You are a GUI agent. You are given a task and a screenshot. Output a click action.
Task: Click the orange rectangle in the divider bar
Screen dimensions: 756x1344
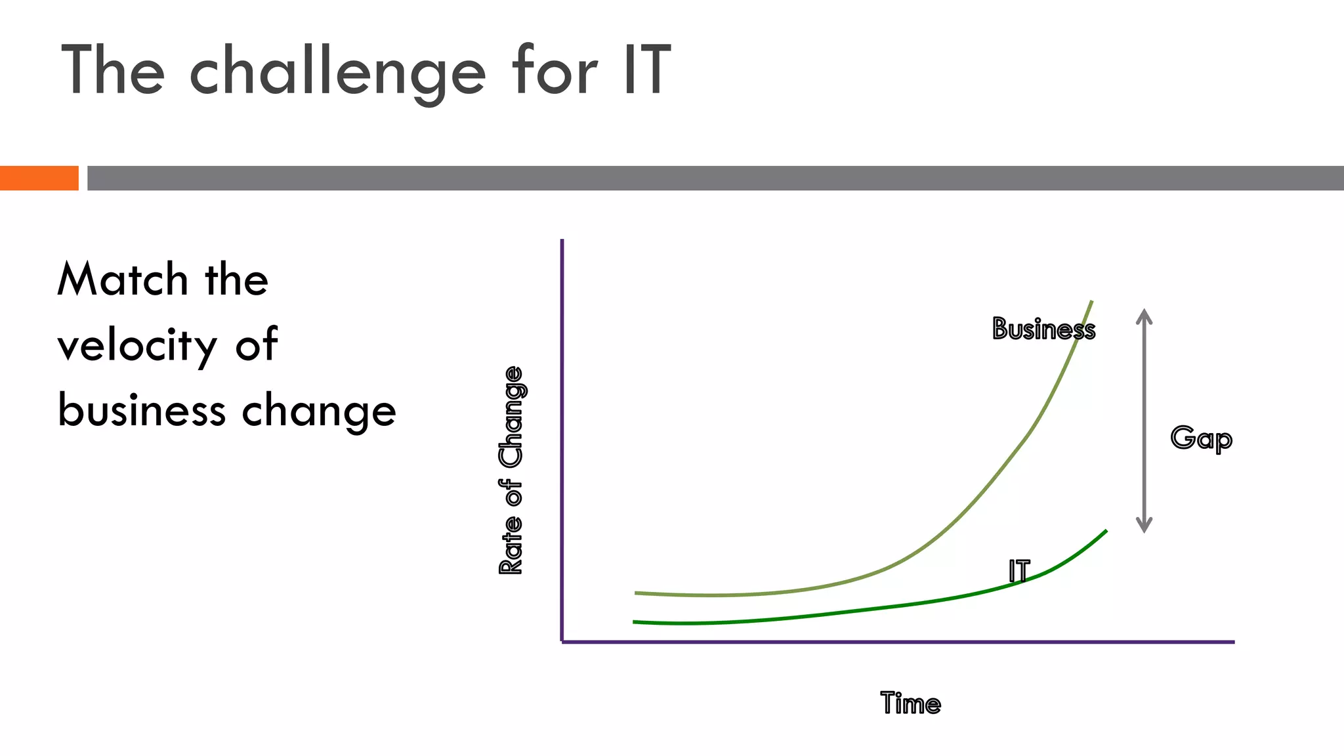point(39,178)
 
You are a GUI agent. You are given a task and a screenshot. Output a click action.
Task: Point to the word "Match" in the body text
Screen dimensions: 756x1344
point(123,279)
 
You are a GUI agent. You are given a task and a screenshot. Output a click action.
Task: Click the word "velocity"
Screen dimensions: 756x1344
point(137,345)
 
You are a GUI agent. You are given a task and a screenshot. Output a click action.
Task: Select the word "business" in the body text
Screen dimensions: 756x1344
point(142,410)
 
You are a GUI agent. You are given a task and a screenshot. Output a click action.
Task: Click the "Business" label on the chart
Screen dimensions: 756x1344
point(1043,329)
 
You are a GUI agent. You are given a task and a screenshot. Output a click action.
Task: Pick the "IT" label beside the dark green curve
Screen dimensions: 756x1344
point(1019,571)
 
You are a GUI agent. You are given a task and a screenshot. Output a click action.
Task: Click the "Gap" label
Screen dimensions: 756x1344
point(1201,438)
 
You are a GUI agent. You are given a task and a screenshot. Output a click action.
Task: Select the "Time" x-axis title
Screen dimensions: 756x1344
point(910,703)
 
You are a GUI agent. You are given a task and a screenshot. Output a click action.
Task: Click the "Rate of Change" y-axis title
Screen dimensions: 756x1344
point(511,470)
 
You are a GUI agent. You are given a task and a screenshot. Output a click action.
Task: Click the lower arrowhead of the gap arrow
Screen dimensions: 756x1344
point(1144,525)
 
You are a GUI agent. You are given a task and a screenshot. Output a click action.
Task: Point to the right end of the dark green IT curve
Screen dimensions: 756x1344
point(1106,531)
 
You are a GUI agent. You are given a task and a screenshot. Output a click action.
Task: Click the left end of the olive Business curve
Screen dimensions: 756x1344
point(637,593)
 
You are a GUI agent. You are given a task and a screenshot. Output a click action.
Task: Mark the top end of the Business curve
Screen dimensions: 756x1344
point(1091,302)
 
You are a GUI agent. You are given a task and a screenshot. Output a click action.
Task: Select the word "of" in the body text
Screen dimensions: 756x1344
point(256,345)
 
